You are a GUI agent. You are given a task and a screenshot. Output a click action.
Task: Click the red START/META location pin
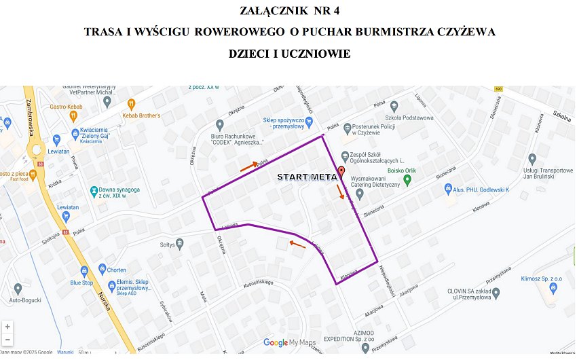coord(341,170)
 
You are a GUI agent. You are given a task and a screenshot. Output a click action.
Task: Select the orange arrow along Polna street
coord(248,164)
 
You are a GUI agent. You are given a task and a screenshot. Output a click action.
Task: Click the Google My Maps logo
coord(290,343)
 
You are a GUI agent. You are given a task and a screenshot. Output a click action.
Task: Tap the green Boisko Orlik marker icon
coord(407,180)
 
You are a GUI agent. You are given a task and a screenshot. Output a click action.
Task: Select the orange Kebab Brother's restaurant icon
coord(132,104)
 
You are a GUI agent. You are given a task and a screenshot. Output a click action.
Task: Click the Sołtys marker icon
coord(180,244)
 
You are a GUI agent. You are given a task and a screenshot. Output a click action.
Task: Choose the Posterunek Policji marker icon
coord(347,128)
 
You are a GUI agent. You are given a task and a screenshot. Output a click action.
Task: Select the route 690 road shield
coord(499,89)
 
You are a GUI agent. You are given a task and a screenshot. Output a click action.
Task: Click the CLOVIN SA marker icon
coord(495,293)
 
